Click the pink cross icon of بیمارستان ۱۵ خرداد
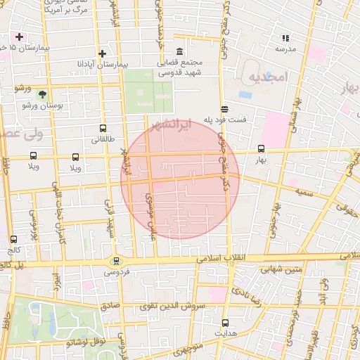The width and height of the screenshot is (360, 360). [x=19, y=36]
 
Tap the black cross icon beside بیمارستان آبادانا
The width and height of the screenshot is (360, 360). [x=103, y=53]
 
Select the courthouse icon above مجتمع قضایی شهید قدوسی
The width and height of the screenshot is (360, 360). [x=179, y=52]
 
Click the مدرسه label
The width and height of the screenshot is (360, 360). [x=285, y=49]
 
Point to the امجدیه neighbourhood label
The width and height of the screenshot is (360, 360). [x=264, y=79]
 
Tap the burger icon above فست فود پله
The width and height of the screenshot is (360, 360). [x=224, y=109]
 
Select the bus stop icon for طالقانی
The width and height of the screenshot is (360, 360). [x=103, y=129]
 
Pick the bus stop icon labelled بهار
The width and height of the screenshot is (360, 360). [x=262, y=149]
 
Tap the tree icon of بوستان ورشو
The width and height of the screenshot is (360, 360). [x=42, y=94]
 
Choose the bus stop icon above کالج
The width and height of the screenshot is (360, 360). [x=14, y=240]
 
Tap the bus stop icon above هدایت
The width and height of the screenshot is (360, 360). [x=224, y=323]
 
